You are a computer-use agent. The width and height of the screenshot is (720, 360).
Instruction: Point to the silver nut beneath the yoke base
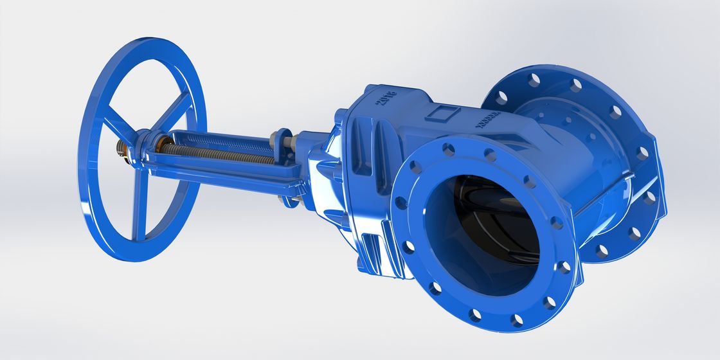pyautogui.click(x=287, y=202)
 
